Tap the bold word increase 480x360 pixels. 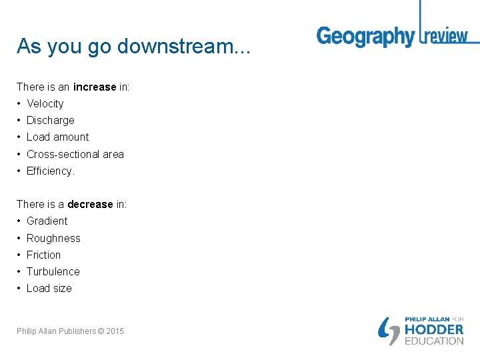[x=95, y=87]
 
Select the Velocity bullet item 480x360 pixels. [x=45, y=103]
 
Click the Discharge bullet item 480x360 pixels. [x=50, y=120]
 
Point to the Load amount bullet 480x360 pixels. [x=57, y=137]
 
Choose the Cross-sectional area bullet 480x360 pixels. [x=75, y=154]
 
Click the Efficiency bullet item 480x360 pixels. [x=50, y=171]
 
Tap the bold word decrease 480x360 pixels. [x=90, y=204]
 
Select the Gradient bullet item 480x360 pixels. [x=47, y=221]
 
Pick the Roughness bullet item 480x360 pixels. [x=53, y=238]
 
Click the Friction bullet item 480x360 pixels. [x=43, y=255]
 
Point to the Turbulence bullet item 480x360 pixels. [x=53, y=271]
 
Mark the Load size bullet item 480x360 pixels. [x=49, y=288]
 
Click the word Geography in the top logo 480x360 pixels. [x=365, y=37]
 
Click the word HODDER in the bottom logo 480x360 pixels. [x=434, y=329]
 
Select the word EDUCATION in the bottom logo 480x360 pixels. [x=434, y=341]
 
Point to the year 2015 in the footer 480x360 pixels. [x=115, y=331]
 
